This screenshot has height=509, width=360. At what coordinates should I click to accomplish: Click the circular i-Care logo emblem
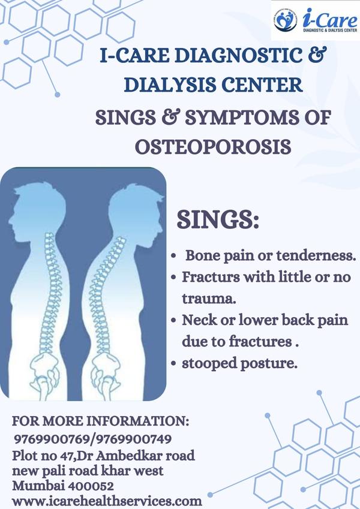[x=285, y=20]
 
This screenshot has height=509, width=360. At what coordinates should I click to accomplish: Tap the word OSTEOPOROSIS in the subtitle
[x=213, y=147]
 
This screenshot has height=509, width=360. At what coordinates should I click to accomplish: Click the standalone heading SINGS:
[x=218, y=219]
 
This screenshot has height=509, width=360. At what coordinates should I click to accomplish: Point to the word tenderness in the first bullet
[x=315, y=255]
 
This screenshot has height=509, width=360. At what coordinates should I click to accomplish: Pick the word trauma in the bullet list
[x=208, y=299]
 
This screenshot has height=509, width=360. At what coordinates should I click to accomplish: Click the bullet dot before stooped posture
[x=174, y=363]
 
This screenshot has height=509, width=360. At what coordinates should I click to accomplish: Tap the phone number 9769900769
[x=52, y=439]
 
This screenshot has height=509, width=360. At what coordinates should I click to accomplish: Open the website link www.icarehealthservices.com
[x=107, y=501]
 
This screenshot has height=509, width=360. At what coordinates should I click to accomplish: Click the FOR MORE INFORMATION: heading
[x=100, y=421]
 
